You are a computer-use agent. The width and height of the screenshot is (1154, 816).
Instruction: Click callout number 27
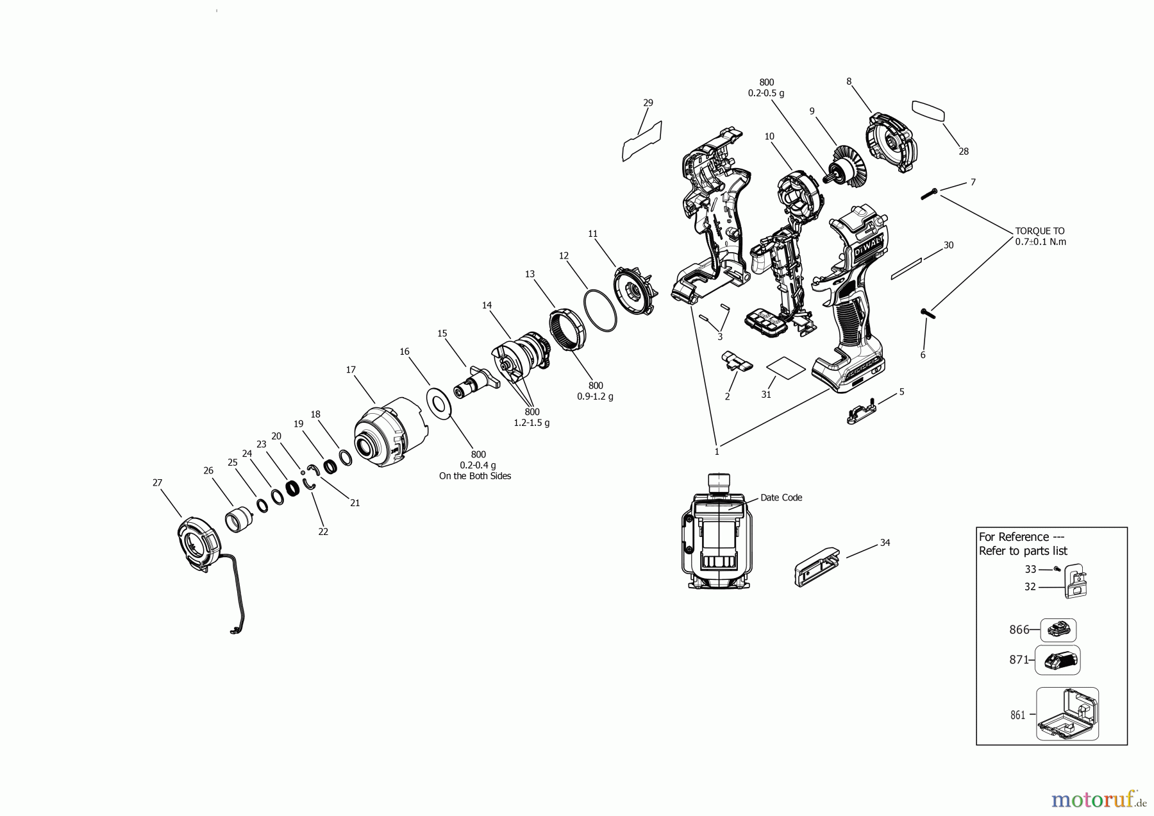tap(157, 483)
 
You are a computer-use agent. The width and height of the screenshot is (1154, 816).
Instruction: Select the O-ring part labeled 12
tap(600, 310)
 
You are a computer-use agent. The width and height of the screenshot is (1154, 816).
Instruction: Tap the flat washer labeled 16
tap(440, 404)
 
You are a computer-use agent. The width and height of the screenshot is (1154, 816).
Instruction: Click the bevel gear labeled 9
tap(847, 167)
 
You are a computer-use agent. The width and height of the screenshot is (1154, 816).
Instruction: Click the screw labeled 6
tap(928, 312)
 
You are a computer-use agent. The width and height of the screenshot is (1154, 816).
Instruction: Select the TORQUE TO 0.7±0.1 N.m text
tap(1040, 236)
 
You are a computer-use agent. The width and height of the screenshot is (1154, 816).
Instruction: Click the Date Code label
tap(781, 497)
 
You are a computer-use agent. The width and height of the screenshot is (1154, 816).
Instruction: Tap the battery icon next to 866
tap(1058, 630)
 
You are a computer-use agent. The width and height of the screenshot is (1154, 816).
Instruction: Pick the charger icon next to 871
tap(1057, 660)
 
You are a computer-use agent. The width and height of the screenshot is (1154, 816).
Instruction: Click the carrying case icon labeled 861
tap(1067, 715)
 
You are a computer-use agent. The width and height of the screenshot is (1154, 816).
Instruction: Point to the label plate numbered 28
tap(928, 110)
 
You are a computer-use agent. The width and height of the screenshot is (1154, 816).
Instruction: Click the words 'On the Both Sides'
tap(474, 476)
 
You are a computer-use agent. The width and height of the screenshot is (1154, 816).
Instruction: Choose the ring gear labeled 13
tap(568, 330)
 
